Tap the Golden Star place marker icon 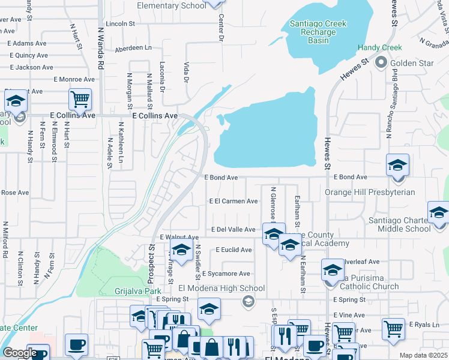click(381, 62)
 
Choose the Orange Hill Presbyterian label click(370, 192)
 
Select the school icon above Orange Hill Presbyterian click(397, 165)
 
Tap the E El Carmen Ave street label click(233, 202)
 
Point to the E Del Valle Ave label click(234, 229)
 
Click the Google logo click(20, 353)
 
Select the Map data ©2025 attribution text click(423, 355)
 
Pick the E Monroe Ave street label click(74, 79)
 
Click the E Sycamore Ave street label click(226, 274)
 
